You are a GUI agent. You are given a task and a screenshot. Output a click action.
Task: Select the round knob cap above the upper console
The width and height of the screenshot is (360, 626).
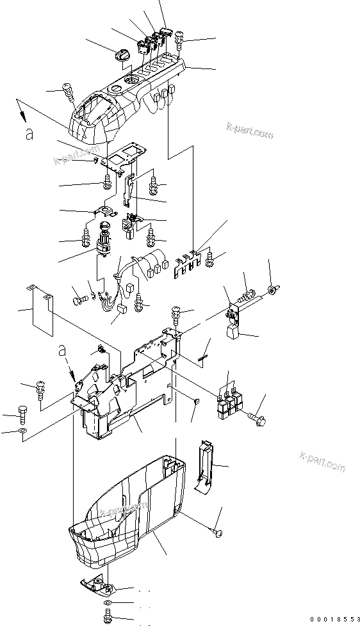[122, 56]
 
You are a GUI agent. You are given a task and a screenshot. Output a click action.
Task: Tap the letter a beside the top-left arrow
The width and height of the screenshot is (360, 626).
[28, 132]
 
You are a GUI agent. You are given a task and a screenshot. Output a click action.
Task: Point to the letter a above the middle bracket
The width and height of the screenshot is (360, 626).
[62, 350]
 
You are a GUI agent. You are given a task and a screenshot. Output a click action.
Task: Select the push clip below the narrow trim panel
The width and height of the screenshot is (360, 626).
[218, 531]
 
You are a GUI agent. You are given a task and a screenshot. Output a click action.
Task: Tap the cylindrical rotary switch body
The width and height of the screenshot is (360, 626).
[103, 239]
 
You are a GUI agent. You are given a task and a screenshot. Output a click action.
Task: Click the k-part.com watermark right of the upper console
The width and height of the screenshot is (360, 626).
[250, 132]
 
